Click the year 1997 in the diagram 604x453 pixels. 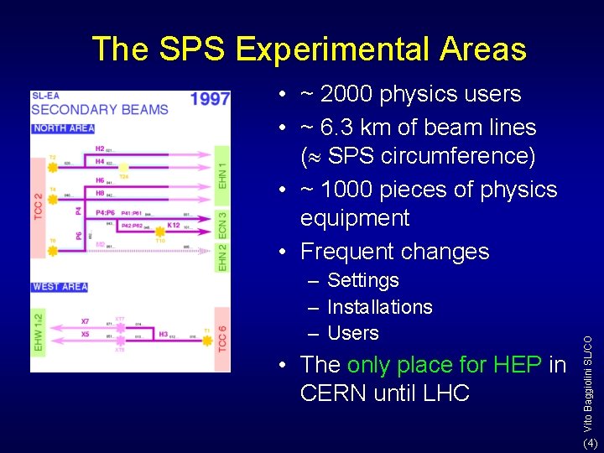click(x=210, y=99)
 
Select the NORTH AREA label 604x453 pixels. click(x=63, y=128)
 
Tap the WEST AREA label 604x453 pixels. click(x=60, y=287)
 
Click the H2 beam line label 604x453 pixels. click(x=99, y=148)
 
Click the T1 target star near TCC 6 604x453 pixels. click(x=206, y=333)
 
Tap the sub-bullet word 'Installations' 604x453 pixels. click(x=379, y=307)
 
